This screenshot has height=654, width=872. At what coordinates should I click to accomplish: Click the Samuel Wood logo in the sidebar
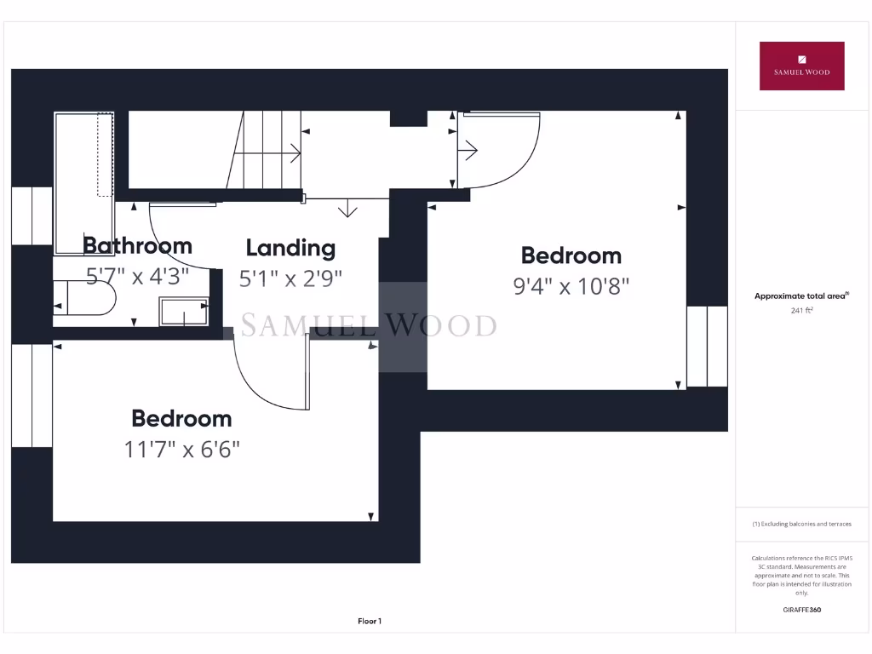coord(801,66)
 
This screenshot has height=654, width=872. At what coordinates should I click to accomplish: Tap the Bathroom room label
coord(137,246)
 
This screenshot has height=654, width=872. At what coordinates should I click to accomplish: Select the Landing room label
coord(290,248)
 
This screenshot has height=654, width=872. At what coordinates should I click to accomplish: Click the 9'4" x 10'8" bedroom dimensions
coord(571,286)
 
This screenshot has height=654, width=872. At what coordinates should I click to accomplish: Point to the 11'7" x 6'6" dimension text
coord(181,449)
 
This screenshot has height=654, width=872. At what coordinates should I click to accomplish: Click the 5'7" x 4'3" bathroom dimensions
coord(137,276)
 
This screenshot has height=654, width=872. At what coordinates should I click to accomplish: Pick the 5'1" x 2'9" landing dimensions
coord(290,278)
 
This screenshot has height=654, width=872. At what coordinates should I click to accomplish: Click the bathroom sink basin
coord(183,312)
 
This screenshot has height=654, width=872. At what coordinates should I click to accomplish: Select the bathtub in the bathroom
coord(83,183)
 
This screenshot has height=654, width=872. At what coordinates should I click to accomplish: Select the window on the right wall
coord(707,347)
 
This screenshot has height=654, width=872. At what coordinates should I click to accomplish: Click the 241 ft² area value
coord(801,311)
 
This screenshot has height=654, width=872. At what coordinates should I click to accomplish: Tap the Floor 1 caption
coord(370,622)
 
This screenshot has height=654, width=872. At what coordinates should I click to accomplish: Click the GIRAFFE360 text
coord(801,610)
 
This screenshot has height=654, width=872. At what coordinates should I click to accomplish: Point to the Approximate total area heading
coord(801,296)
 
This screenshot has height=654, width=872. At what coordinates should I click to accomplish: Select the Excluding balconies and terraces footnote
coord(801,525)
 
